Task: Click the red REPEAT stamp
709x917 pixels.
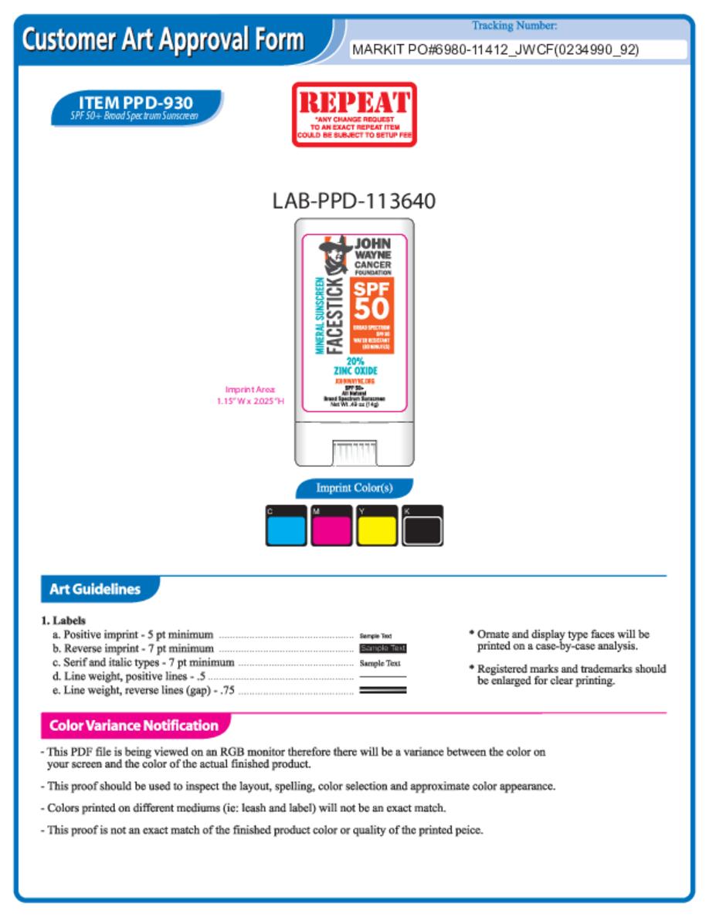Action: (354, 113)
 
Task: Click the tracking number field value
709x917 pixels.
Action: (495, 50)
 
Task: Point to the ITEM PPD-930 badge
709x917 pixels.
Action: (136, 107)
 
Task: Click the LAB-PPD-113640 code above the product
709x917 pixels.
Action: (354, 201)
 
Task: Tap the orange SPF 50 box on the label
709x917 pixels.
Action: (373, 315)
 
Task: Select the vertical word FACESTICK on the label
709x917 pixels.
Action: (335, 316)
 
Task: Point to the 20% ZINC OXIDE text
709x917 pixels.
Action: (355, 365)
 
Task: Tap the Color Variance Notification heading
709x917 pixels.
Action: (134, 726)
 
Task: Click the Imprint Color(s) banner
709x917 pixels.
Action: (354, 488)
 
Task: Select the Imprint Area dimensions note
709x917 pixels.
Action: (250, 395)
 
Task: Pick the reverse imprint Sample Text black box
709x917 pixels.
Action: (383, 648)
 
